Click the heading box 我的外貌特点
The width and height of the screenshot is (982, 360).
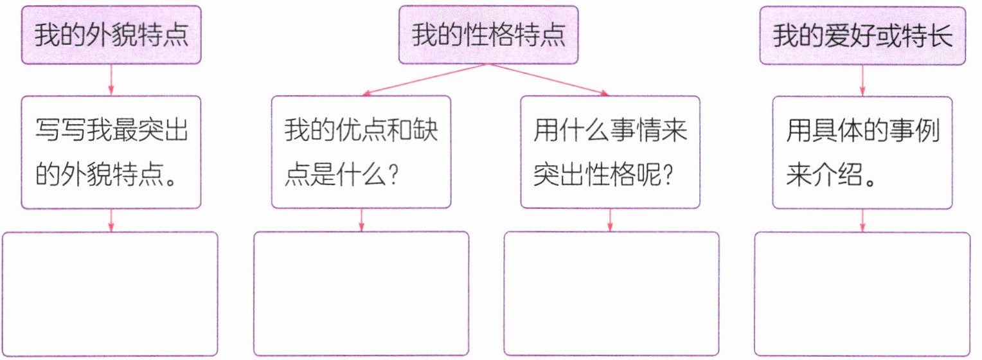(x=111, y=36)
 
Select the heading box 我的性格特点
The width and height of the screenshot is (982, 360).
(x=488, y=36)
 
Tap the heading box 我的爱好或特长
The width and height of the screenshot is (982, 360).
(x=862, y=36)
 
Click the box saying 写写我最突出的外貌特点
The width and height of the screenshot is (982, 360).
(x=111, y=152)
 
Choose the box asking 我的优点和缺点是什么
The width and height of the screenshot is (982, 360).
(x=361, y=152)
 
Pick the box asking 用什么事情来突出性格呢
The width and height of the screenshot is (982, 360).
(x=610, y=152)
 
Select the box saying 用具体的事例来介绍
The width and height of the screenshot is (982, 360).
(x=862, y=152)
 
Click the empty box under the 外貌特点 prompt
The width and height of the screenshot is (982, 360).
(x=111, y=294)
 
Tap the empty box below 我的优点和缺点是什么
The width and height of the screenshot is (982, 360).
(x=361, y=294)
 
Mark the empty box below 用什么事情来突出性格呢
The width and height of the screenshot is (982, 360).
(x=611, y=294)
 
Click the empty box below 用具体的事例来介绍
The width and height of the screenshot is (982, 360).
(x=862, y=294)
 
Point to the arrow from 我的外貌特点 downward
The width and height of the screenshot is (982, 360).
(x=111, y=80)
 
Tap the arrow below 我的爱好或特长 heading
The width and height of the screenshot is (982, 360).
(x=862, y=80)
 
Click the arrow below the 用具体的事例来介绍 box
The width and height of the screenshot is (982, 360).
(x=862, y=220)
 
